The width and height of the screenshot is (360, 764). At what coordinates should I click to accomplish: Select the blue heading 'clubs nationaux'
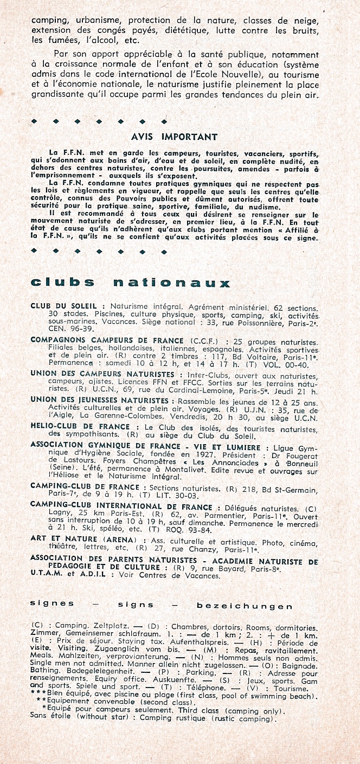point(131,283)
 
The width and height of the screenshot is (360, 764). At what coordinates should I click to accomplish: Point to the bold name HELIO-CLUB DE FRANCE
point(80,427)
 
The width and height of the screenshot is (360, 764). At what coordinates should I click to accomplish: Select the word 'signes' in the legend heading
point(52,603)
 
